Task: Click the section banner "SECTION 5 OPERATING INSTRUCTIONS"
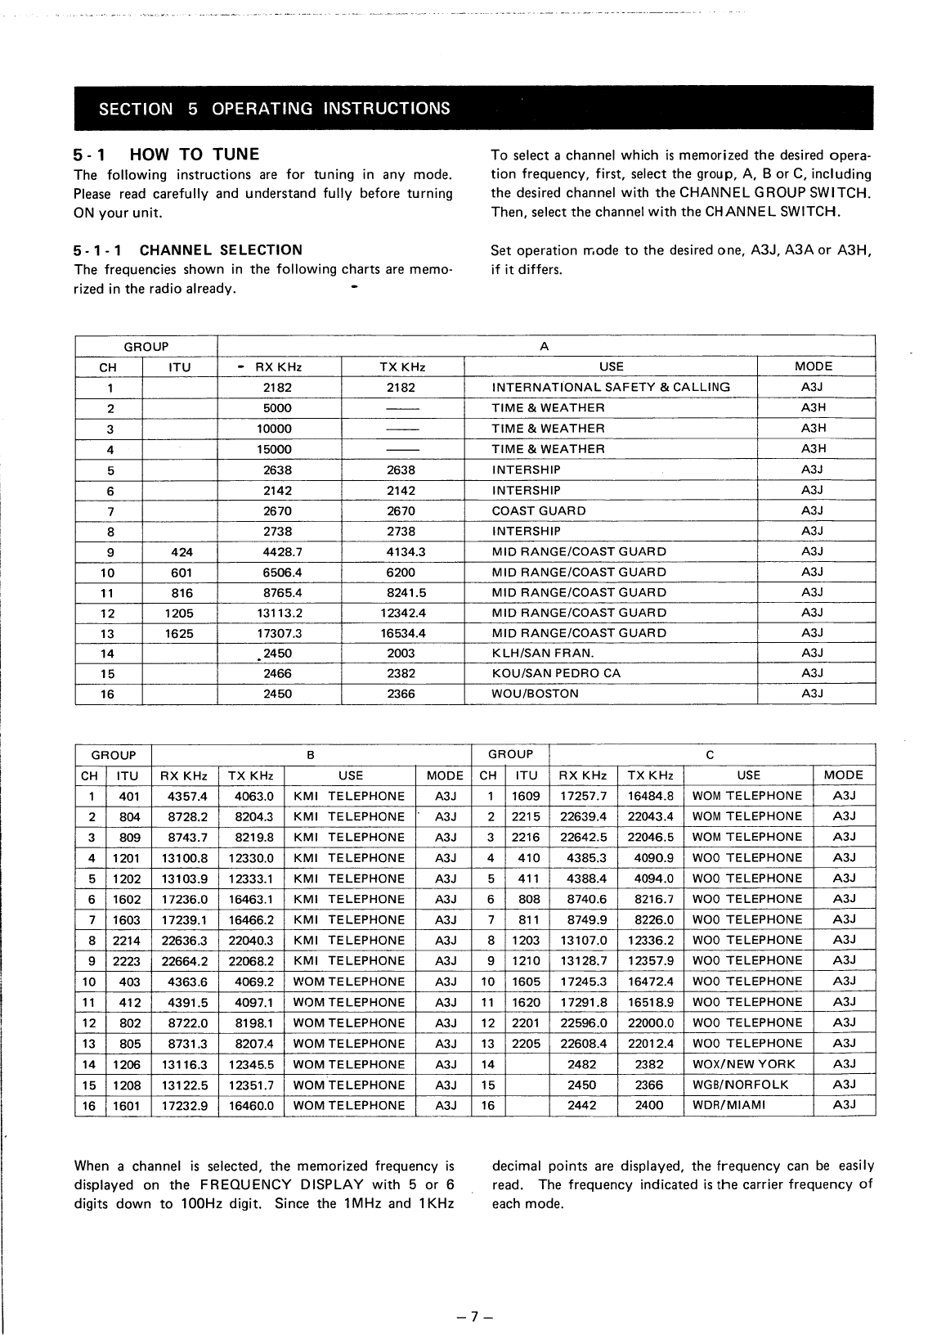[x=274, y=108]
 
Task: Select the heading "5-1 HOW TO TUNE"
[x=167, y=154]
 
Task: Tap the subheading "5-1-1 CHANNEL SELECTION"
[x=188, y=250]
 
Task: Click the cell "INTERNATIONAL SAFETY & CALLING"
[x=611, y=387]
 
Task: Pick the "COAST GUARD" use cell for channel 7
[x=538, y=510]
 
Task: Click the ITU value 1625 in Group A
[x=179, y=633]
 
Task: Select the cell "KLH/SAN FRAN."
[x=542, y=654]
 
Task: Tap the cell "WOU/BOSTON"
[x=535, y=694]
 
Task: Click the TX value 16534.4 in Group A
[x=402, y=633]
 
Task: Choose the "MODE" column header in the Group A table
[x=813, y=366]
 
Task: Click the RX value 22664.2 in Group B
[x=185, y=961]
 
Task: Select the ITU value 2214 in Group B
[x=127, y=941]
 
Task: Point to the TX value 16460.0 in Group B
[x=251, y=1105]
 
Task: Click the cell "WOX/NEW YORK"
[x=742, y=1064]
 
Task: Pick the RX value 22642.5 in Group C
[x=582, y=837]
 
